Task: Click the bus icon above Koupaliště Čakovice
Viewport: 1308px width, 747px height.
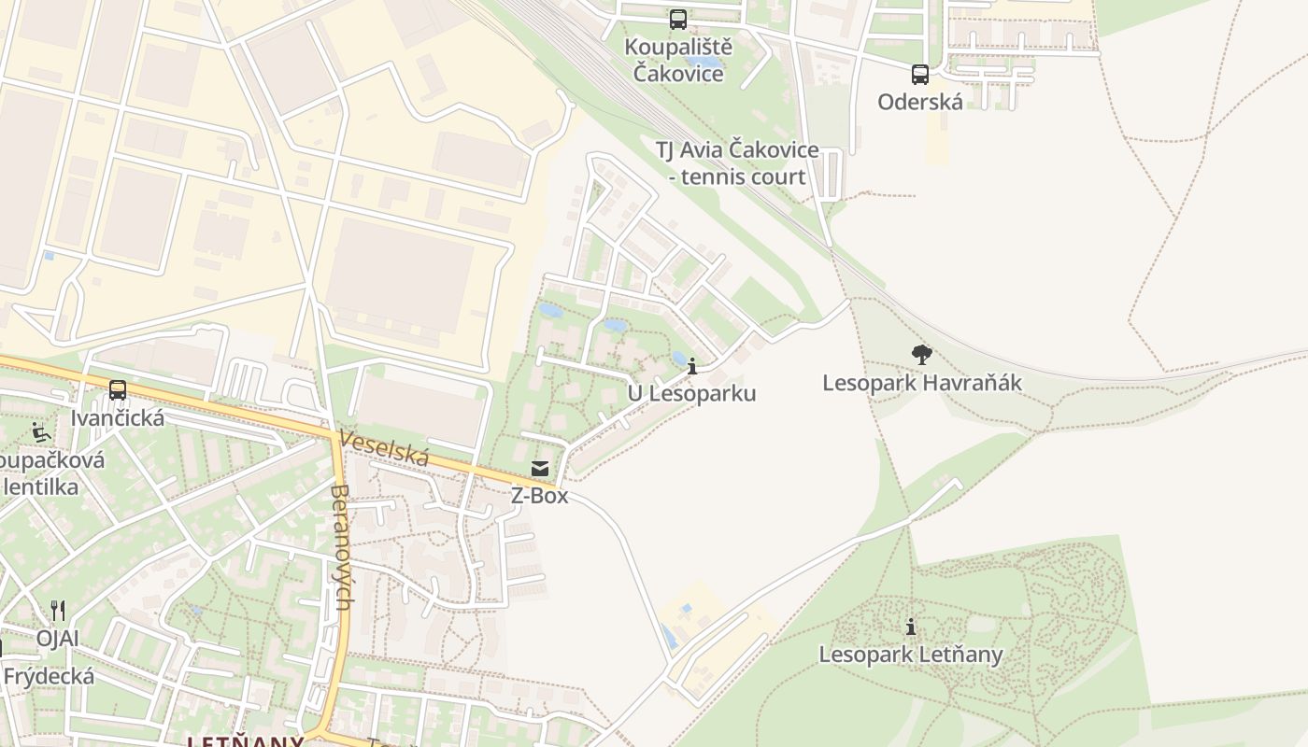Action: pos(678,19)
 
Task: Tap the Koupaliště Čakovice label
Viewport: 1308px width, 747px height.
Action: pos(678,60)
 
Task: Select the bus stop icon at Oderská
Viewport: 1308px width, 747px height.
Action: pos(920,75)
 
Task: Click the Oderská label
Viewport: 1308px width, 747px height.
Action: pos(920,102)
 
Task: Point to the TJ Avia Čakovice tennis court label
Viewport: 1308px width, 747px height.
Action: pos(737,163)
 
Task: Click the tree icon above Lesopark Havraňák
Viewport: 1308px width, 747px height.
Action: pos(922,355)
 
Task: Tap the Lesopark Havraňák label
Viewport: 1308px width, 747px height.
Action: pos(922,383)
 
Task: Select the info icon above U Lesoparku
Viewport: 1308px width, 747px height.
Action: pos(692,366)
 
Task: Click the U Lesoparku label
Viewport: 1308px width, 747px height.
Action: pos(691,393)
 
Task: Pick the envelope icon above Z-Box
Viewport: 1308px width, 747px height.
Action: pos(540,468)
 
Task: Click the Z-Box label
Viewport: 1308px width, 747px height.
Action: pos(539,496)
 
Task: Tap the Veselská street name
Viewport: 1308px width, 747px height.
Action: pos(384,448)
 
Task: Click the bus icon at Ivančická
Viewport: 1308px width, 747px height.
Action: pos(118,390)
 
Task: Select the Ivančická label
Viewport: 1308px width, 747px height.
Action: pos(118,417)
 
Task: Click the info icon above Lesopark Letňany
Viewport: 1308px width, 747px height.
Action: pos(911,627)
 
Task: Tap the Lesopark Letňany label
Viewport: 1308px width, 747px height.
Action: pos(911,655)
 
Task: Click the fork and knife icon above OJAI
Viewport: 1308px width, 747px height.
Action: pos(58,611)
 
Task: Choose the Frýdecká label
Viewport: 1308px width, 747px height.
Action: pos(49,676)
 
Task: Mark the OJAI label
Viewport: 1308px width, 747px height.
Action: pos(58,639)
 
